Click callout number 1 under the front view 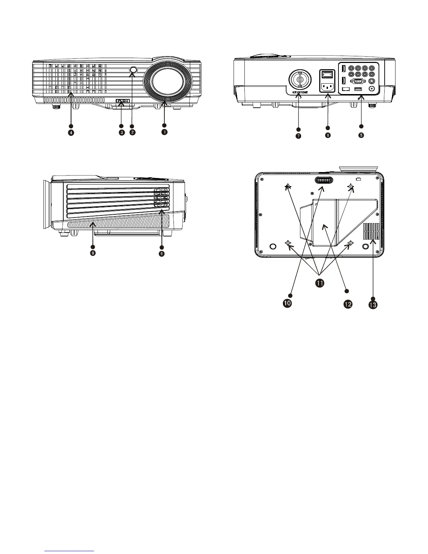click(164, 132)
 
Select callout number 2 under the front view click(132, 132)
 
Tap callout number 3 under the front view click(121, 132)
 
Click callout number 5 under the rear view click(361, 135)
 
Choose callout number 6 click(328, 135)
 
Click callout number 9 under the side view click(162, 254)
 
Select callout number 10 click(287, 303)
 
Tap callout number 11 click(319, 283)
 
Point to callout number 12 click(348, 304)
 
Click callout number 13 click(373, 305)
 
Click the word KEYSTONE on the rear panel click(300, 93)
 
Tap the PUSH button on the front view click(123, 101)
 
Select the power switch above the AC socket click(328, 74)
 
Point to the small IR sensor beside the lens click(133, 70)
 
